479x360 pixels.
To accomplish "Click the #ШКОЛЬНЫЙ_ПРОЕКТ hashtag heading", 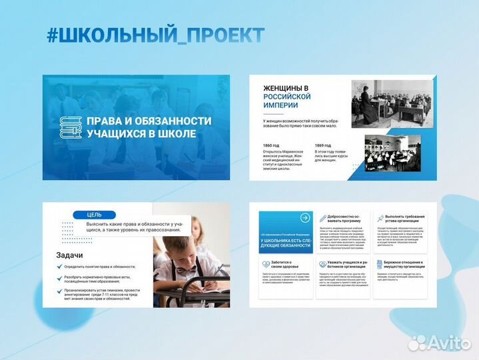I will (x=155, y=35).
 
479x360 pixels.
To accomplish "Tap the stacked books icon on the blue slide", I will (x=71, y=127).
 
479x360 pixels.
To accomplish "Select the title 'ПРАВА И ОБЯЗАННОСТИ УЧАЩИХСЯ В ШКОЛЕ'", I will (x=149, y=127).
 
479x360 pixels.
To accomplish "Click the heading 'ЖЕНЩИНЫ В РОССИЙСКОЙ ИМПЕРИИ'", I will (x=286, y=97).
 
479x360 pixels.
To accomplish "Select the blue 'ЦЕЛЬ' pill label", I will (x=95, y=215).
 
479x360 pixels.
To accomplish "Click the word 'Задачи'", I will (x=69, y=255).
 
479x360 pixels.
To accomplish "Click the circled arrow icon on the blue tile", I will (x=305, y=218).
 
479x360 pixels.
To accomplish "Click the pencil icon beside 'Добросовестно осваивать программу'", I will (x=323, y=219).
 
